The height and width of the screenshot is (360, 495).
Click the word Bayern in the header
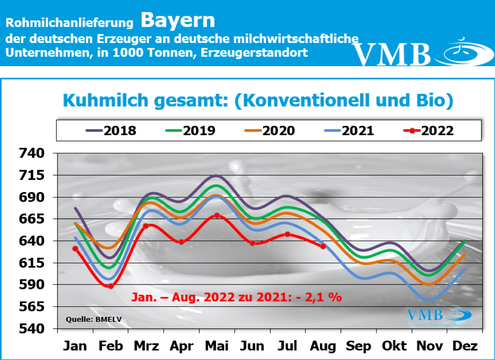(178, 21)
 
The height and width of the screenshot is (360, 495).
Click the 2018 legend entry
(111, 131)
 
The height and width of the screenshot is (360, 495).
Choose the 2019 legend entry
(190, 131)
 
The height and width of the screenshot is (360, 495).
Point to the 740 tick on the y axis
(31, 154)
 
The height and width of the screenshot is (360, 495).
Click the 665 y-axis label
(31, 219)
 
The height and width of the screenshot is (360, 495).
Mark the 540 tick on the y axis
(31, 329)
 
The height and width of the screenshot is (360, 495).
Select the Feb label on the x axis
(111, 346)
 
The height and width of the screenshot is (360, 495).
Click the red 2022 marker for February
(111, 286)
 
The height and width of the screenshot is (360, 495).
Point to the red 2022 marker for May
(217, 215)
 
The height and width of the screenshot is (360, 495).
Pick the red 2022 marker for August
(323, 246)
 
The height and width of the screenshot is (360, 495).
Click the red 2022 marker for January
(75, 249)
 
